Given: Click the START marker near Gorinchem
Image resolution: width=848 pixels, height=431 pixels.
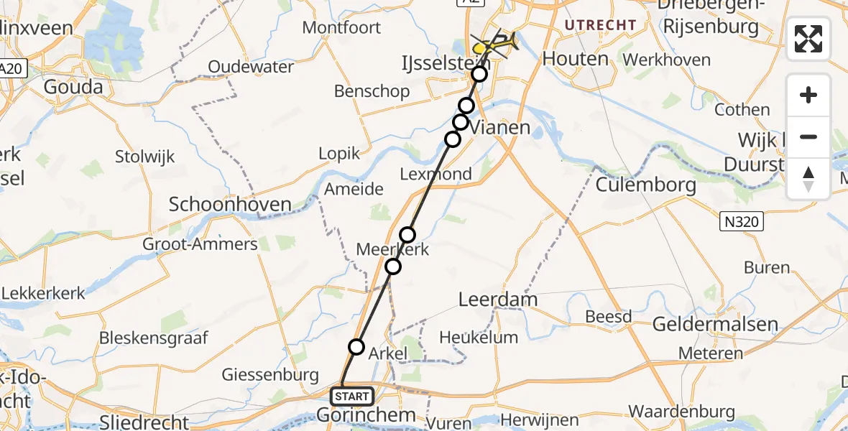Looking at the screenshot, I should tap(351, 396).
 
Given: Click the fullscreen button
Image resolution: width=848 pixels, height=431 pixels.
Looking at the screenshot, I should tap(808, 39).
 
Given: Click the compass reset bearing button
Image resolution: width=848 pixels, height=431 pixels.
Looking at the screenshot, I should tap(808, 179).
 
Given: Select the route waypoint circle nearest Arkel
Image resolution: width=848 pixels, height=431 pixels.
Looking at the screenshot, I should tap(356, 347).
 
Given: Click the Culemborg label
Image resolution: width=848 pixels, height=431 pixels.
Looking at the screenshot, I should tap(645, 185).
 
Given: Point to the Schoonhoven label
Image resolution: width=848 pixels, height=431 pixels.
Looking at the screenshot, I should tap(230, 205).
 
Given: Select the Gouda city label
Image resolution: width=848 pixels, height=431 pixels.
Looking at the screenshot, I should tap(73, 87).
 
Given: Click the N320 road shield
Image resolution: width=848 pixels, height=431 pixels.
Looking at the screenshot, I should tap(742, 222).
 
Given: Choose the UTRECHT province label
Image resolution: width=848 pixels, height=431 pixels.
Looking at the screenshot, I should tap(601, 25).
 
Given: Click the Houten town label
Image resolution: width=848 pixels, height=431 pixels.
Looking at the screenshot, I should tap(576, 58).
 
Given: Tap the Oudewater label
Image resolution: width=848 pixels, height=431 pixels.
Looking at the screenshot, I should tap(251, 67).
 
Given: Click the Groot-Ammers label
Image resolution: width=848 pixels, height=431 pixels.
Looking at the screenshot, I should tap(200, 244).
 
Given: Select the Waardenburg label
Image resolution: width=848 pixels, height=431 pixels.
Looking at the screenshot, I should tap(681, 412).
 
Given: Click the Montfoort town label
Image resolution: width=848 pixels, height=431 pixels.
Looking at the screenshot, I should tap(341, 27).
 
